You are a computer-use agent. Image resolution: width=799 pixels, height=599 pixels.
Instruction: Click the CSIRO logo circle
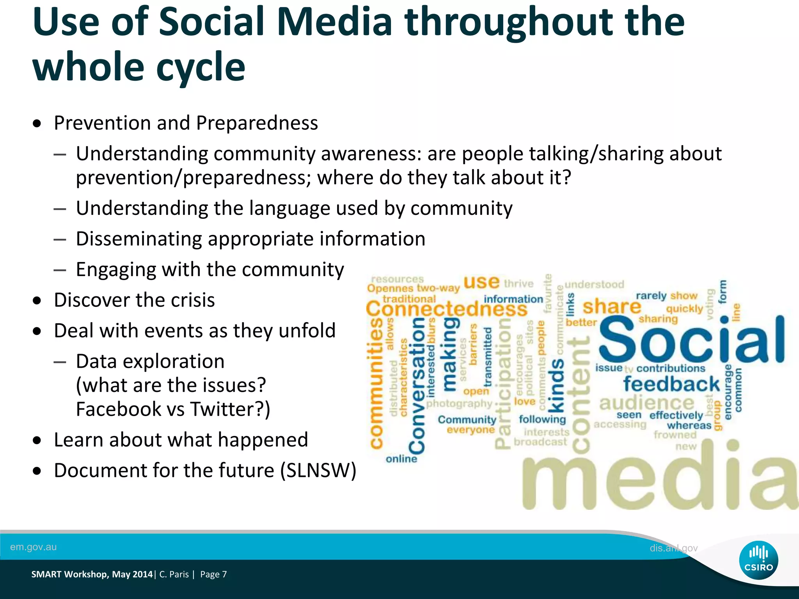(758, 560)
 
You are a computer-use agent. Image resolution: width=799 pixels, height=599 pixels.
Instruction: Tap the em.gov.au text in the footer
(33, 547)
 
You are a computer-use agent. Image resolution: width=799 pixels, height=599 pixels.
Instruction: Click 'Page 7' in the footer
(213, 574)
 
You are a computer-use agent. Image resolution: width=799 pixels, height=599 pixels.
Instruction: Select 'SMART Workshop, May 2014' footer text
(92, 574)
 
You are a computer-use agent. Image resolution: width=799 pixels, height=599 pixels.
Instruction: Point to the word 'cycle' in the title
(201, 67)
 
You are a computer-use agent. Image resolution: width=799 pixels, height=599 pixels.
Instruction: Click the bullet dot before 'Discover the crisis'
(37, 301)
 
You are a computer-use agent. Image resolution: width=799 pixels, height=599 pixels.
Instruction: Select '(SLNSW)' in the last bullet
(318, 470)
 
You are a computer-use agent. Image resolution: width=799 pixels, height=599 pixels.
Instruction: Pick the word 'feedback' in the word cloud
(671, 384)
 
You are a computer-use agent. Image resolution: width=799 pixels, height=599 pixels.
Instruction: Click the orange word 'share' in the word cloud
(611, 307)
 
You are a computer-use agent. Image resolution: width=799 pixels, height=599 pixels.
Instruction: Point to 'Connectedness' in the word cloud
(446, 309)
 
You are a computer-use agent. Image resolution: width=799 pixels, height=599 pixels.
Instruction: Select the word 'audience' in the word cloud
(646, 402)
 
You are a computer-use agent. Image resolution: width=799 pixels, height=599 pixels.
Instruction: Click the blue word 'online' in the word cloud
(401, 459)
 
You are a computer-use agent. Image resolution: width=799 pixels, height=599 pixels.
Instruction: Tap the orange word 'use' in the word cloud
(481, 282)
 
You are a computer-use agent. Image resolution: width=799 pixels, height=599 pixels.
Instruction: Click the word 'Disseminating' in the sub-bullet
(138, 239)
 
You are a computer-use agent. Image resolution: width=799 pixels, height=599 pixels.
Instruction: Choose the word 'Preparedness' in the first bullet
(257, 123)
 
